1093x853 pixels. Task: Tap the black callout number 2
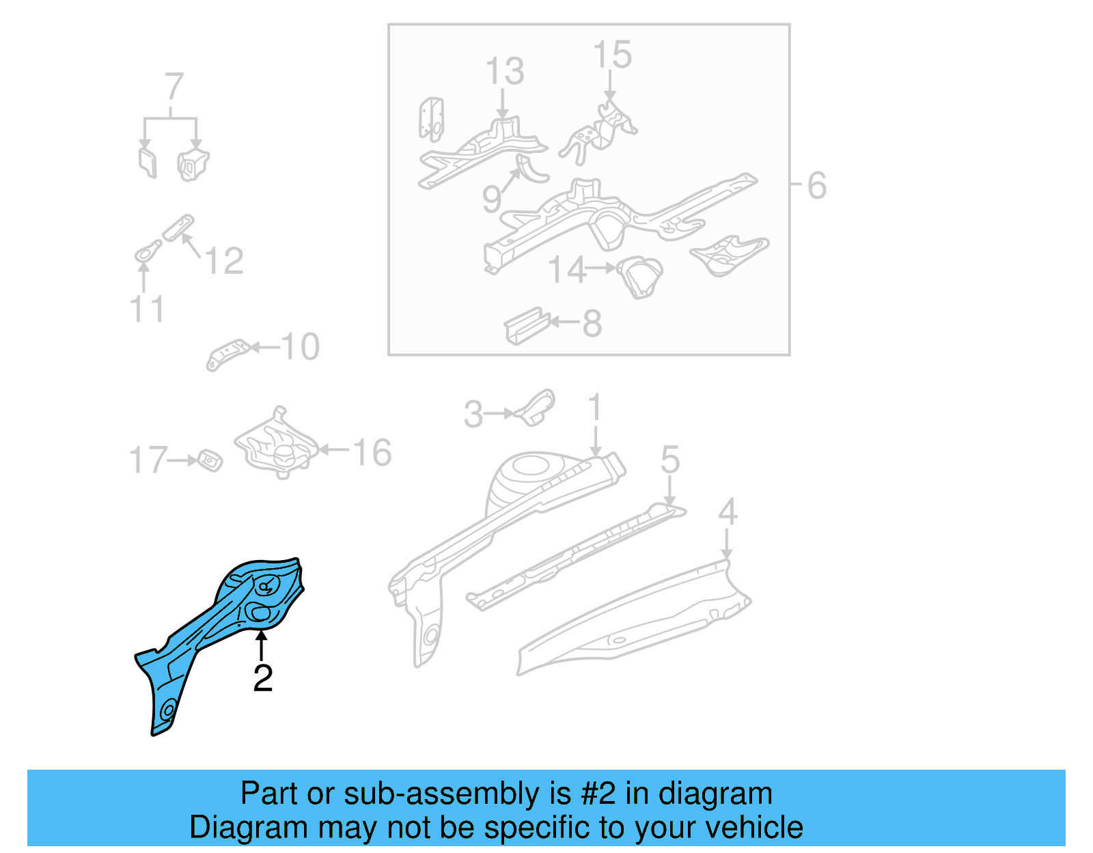pyautogui.click(x=262, y=678)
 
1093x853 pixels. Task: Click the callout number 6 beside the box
pyautogui.click(x=816, y=186)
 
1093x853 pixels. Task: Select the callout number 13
pyautogui.click(x=504, y=72)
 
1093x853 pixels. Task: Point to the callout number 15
pyautogui.click(x=611, y=55)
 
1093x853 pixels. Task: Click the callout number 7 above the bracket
pyautogui.click(x=174, y=87)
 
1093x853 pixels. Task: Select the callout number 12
pyautogui.click(x=223, y=261)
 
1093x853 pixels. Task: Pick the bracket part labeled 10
pyautogui.click(x=227, y=354)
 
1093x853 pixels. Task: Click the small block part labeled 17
pyautogui.click(x=209, y=460)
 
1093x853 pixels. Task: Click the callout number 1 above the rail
pyautogui.click(x=595, y=408)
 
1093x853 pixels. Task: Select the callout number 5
pyautogui.click(x=669, y=459)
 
